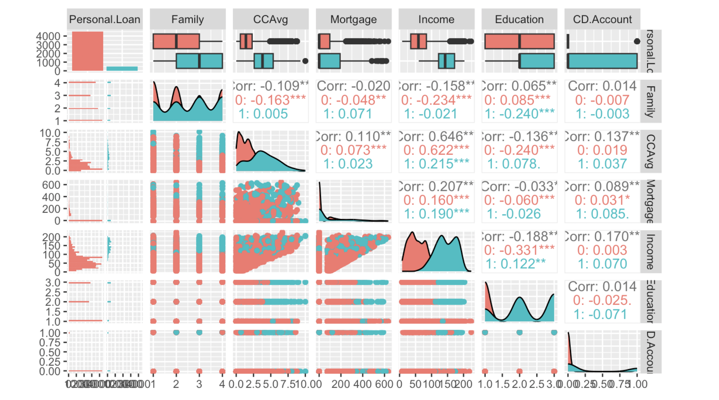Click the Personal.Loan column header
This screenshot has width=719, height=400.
click(105, 19)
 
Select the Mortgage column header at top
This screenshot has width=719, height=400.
click(353, 19)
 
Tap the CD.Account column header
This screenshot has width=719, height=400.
click(602, 19)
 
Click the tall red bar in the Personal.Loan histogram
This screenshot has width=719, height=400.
click(88, 51)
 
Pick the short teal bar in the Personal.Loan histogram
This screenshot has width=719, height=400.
click(122, 69)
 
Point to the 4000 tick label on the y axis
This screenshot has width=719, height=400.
click(48, 36)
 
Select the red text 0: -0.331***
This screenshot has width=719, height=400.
click(519, 250)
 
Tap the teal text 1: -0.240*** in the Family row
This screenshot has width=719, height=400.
click(519, 114)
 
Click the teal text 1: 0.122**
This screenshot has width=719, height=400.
click(516, 264)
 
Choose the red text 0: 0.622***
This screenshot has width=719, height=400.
click(436, 150)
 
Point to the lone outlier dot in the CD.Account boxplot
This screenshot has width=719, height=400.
click(637, 41)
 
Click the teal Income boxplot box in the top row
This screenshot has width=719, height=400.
click(446, 61)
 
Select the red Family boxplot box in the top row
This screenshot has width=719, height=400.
click(176, 41)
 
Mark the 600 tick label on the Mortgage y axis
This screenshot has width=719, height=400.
click(51, 185)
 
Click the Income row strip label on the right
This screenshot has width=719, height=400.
click(650, 251)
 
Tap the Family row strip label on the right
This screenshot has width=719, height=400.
click(650, 101)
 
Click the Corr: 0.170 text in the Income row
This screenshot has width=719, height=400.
click(602, 237)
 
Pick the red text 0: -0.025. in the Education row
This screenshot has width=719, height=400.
click(602, 301)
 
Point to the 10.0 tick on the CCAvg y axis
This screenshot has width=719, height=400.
click(50, 133)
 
